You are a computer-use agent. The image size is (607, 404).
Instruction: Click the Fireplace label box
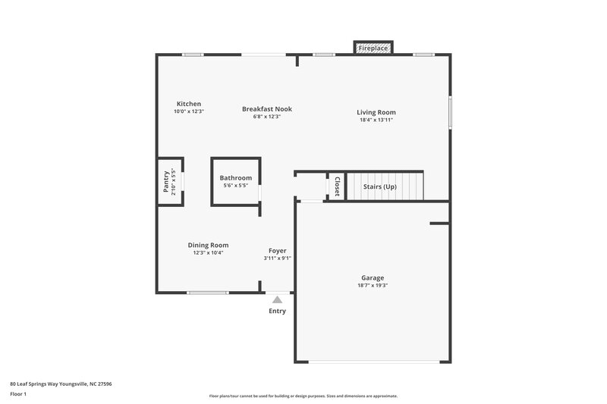coord(373,49)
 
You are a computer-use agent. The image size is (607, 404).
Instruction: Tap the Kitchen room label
coord(189,104)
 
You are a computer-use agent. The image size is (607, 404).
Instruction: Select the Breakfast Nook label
coord(267,109)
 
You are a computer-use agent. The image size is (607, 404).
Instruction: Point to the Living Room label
coord(376,113)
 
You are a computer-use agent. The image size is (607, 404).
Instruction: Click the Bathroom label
coord(236,178)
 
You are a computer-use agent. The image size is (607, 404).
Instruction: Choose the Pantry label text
coord(166,181)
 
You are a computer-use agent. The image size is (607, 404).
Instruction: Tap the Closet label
coord(336,186)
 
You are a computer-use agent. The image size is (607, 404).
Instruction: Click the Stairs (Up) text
coord(380,186)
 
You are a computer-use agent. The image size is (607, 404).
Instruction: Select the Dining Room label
coord(209,245)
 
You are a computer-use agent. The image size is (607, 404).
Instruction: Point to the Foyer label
coord(278,250)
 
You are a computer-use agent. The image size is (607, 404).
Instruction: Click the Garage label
coord(373,278)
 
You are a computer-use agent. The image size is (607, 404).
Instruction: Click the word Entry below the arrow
coord(278,311)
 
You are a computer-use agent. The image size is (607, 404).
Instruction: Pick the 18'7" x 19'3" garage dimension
coord(373,286)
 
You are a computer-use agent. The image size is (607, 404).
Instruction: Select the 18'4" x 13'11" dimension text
coord(376,121)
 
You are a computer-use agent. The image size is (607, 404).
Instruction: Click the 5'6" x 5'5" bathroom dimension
coord(236,186)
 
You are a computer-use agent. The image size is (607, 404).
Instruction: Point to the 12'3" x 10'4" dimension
coord(209,252)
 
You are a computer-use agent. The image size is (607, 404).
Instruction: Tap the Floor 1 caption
coord(18,394)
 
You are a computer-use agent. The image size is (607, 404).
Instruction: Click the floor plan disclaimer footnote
coord(303,396)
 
